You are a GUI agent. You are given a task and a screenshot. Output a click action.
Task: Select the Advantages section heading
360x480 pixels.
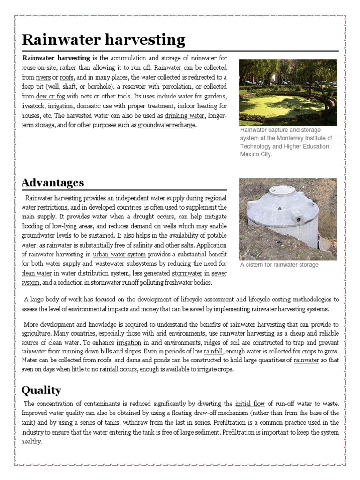click(x=53, y=183)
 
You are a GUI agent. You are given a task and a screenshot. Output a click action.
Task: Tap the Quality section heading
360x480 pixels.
click(x=41, y=390)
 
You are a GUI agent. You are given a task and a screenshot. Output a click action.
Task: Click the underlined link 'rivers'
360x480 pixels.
click(x=43, y=77)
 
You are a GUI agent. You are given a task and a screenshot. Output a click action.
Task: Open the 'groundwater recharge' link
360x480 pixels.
click(x=166, y=125)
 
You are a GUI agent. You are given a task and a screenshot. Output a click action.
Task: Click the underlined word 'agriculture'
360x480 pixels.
click(x=36, y=333)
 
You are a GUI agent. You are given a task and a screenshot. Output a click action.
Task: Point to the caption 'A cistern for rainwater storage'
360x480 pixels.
click(x=279, y=265)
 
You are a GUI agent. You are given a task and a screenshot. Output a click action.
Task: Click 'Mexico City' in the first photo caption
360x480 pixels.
click(x=255, y=154)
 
